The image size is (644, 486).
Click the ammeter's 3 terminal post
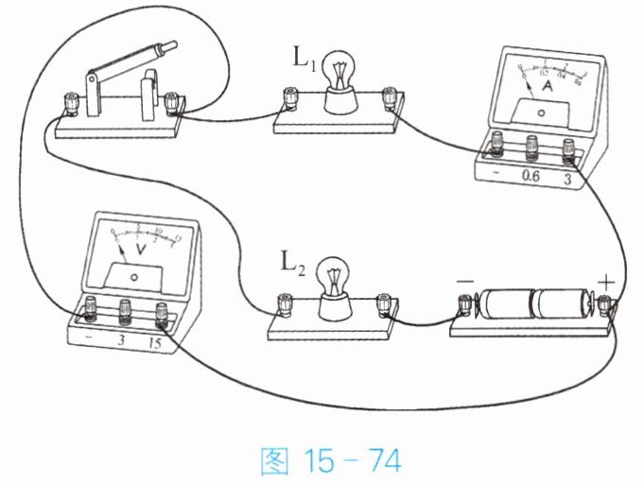point(568,146)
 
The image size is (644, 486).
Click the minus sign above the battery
point(464,281)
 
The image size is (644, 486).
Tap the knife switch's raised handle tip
point(169,45)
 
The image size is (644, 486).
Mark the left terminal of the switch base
point(70,101)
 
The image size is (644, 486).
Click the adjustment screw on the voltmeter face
point(134,277)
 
